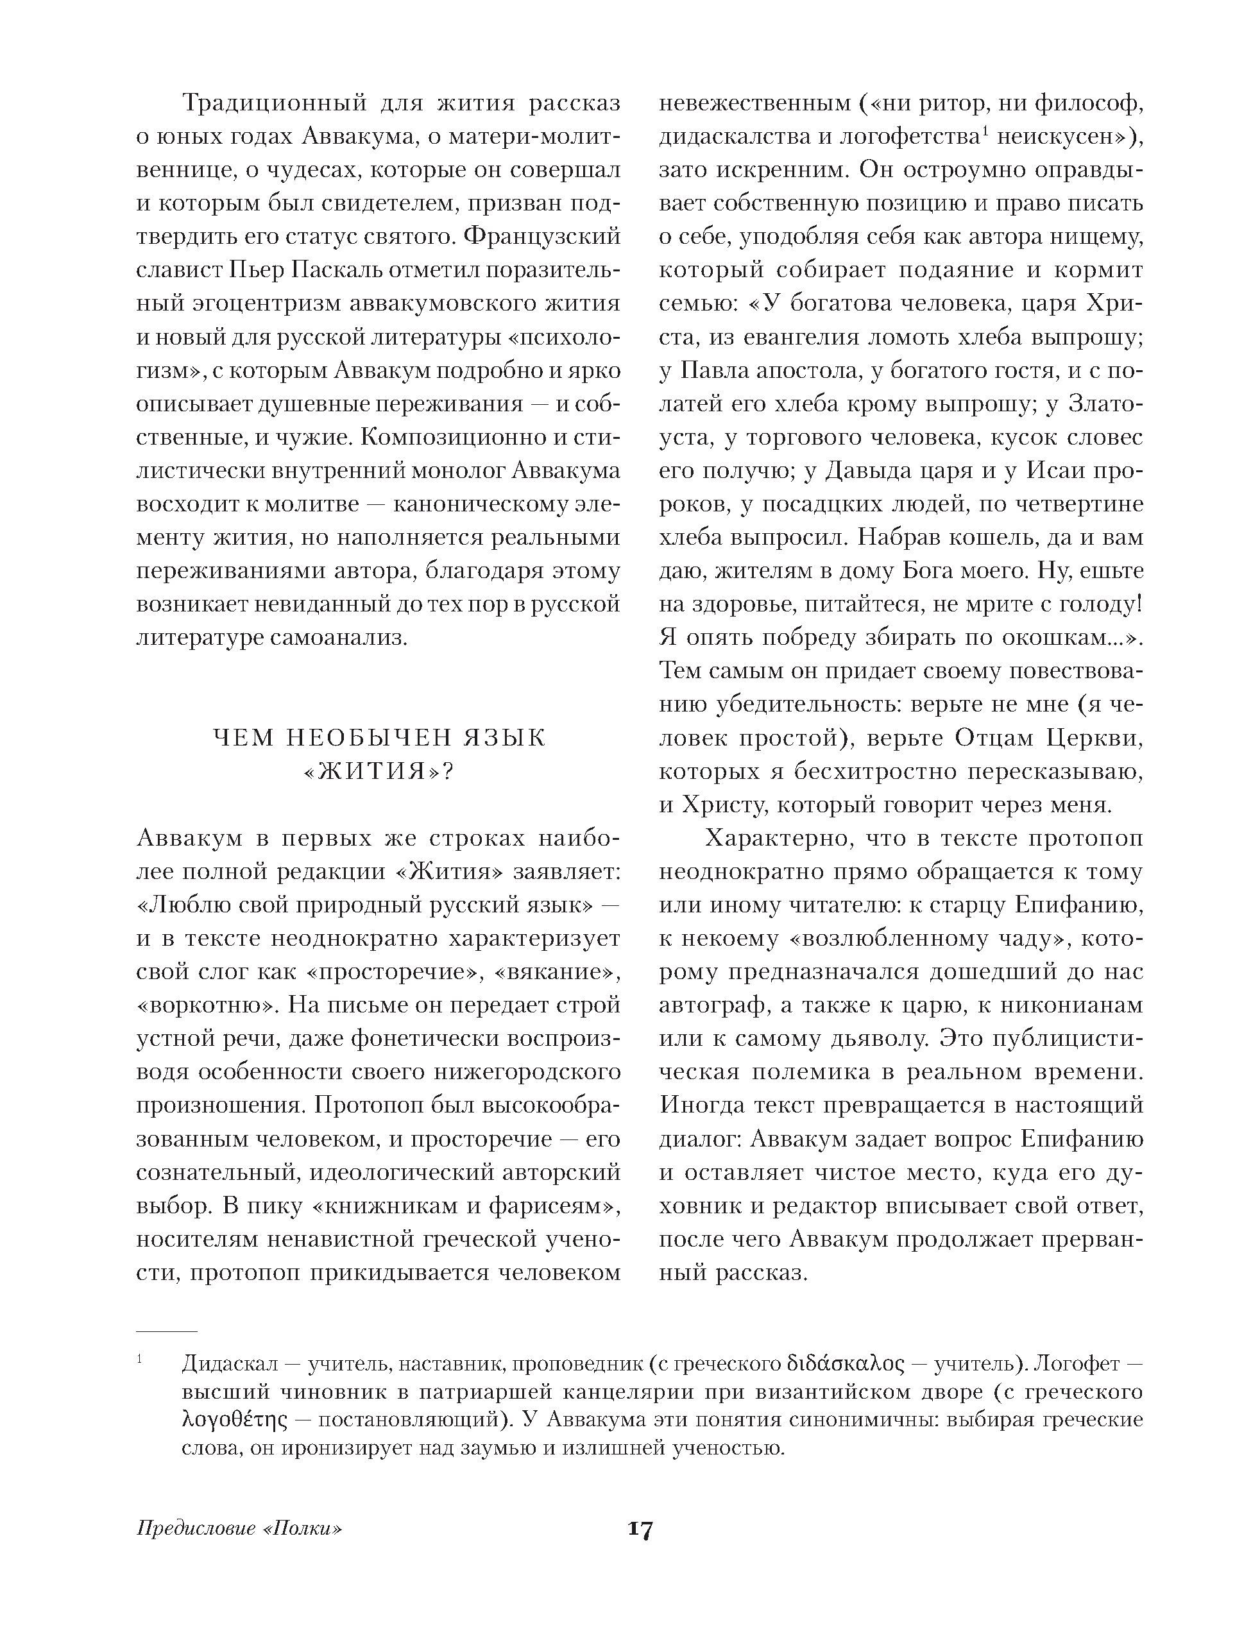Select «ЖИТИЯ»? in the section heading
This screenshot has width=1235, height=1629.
coord(379,772)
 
